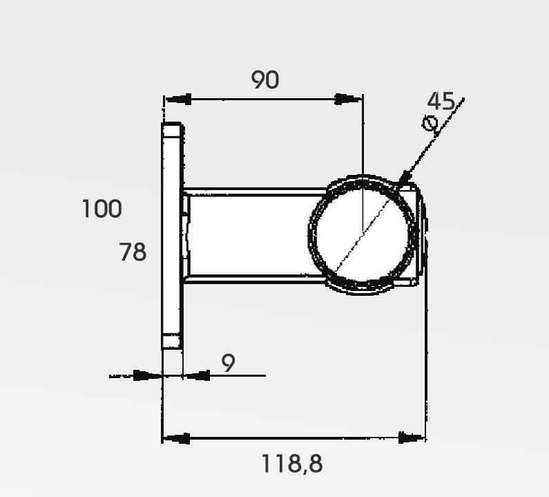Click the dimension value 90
(x=265, y=79)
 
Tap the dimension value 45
(x=441, y=101)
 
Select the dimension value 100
(x=102, y=209)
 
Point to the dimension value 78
(x=133, y=252)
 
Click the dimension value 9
(x=229, y=363)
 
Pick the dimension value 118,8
(x=292, y=463)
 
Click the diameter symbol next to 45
(x=430, y=123)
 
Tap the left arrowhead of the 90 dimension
(x=178, y=99)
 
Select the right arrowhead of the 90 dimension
(x=348, y=99)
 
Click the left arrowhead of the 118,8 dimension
(x=177, y=438)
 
